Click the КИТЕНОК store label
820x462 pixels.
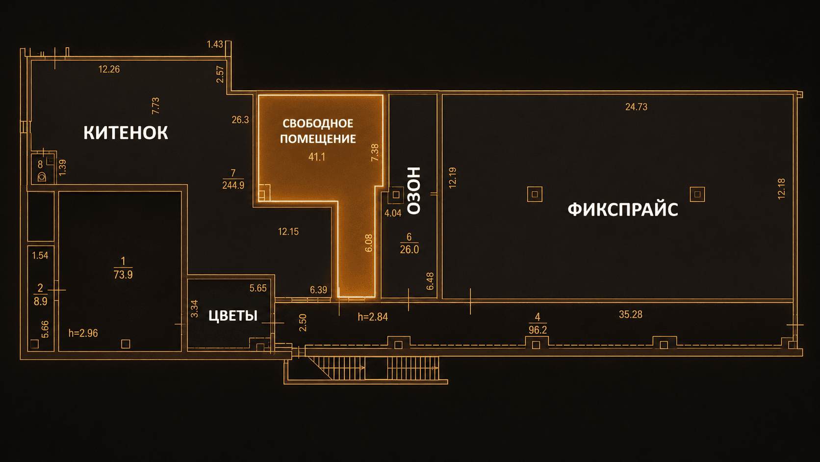click(x=126, y=133)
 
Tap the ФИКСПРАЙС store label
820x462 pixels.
click(x=623, y=210)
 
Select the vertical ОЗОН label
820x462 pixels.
click(x=414, y=190)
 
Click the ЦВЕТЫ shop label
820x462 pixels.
click(x=233, y=316)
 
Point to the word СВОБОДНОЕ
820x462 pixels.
click(x=318, y=123)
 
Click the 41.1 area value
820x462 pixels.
click(x=317, y=157)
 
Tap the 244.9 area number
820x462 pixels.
click(x=233, y=185)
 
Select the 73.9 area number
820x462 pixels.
click(x=123, y=274)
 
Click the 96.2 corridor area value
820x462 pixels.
click(x=538, y=330)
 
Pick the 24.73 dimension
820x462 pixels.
click(x=636, y=107)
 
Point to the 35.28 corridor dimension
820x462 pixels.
click(x=630, y=314)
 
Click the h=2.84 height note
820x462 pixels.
click(x=373, y=317)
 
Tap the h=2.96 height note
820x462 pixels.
click(x=83, y=333)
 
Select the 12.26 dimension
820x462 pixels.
click(x=109, y=69)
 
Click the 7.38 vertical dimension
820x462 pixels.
click(x=375, y=152)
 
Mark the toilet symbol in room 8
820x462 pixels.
click(x=42, y=177)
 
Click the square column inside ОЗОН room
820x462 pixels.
click(x=396, y=195)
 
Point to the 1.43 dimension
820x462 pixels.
click(x=215, y=44)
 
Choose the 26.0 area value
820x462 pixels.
click(x=410, y=249)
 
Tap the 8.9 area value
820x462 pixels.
click(x=40, y=301)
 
